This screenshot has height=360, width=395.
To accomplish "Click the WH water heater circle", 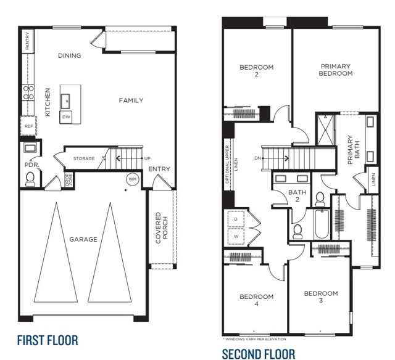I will pyautogui.click(x=131, y=179).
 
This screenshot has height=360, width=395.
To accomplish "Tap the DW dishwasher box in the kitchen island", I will pyautogui.click(x=65, y=117).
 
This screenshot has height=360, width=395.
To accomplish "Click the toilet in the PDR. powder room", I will pyautogui.click(x=29, y=178).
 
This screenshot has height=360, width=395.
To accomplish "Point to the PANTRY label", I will pyautogui.click(x=27, y=41).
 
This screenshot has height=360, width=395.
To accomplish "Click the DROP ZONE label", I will pyautogui.click(x=69, y=181).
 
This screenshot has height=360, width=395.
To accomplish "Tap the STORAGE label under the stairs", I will pyautogui.click(x=84, y=158).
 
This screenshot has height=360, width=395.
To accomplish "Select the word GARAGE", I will pyautogui.click(x=83, y=239).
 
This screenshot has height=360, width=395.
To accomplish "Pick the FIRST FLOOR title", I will pyautogui.click(x=47, y=340).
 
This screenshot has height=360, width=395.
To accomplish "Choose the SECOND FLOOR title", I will pyautogui.click(x=259, y=353).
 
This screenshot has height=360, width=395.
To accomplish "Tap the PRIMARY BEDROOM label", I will pyautogui.click(x=336, y=70).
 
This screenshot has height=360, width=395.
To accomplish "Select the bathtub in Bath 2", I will pyautogui.click(x=321, y=225).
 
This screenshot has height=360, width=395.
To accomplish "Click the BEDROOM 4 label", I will pyautogui.click(x=256, y=300).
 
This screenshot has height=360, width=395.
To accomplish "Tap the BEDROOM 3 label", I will pyautogui.click(x=321, y=297).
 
